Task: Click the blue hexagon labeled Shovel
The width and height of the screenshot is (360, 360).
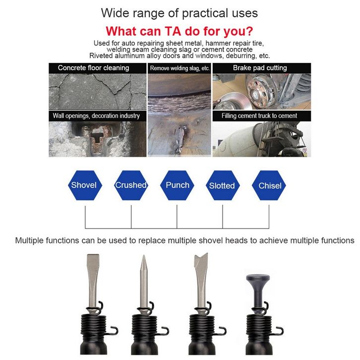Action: click(x=85, y=185)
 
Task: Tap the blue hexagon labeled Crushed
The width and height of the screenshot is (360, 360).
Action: click(x=131, y=185)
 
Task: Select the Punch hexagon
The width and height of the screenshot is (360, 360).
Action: click(x=177, y=185)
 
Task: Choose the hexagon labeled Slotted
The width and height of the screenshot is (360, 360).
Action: click(x=223, y=185)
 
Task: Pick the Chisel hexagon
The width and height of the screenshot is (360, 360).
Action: click(x=269, y=185)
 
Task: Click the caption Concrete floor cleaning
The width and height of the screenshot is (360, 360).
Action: click(x=93, y=68)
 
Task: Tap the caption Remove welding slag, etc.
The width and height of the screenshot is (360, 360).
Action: click(x=180, y=68)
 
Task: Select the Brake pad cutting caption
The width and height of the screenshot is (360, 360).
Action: click(x=260, y=68)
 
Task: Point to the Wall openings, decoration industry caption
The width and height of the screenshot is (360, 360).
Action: click(x=96, y=116)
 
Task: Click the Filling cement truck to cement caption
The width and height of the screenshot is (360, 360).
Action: click(x=259, y=116)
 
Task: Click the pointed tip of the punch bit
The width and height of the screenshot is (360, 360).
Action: click(x=144, y=255)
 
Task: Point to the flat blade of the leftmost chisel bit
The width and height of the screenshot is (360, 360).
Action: click(x=93, y=264)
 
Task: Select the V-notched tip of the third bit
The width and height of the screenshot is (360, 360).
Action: click(x=201, y=258)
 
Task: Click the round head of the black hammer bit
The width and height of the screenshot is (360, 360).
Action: click(x=257, y=278)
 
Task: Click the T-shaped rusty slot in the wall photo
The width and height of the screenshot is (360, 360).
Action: click(x=96, y=139)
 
